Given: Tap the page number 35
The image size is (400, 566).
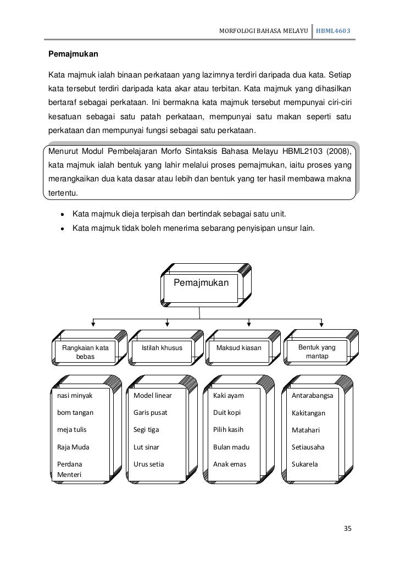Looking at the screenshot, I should click(346, 529).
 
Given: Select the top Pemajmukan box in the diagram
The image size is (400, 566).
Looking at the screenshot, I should click(199, 284).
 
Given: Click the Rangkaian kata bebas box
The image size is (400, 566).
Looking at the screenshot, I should click(85, 352).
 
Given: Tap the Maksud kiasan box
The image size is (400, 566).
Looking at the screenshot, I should click(239, 348).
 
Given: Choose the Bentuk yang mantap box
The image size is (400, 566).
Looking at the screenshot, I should click(317, 352).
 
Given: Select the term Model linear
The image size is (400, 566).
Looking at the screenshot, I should click(153, 395).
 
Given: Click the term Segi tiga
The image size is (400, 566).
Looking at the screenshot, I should click(146, 430).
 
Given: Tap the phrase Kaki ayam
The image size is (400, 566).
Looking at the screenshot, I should click(229, 395).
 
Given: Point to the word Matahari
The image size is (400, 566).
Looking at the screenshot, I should click(306, 430).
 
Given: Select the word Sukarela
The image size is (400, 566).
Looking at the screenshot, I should click(305, 464).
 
